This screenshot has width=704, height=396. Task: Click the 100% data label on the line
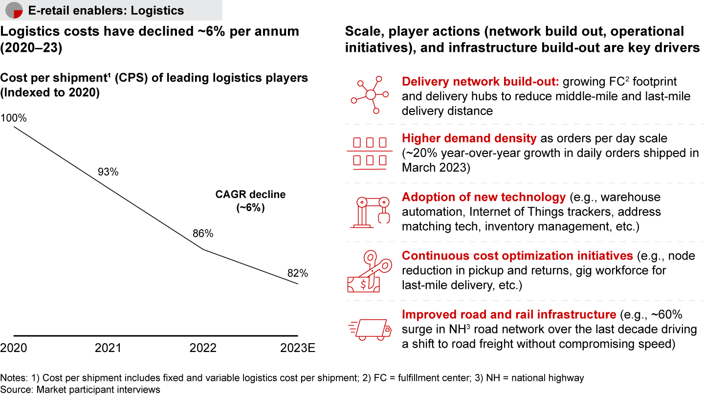pos(14,118)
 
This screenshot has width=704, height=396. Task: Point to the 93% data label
pos(108,172)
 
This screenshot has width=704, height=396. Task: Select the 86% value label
pos(203,234)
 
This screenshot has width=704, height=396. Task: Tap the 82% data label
pos(297,274)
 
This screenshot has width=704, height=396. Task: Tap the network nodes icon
pos(370,94)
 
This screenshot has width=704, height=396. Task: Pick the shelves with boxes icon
pos(370,153)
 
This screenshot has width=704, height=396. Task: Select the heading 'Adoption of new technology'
pos(483,198)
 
